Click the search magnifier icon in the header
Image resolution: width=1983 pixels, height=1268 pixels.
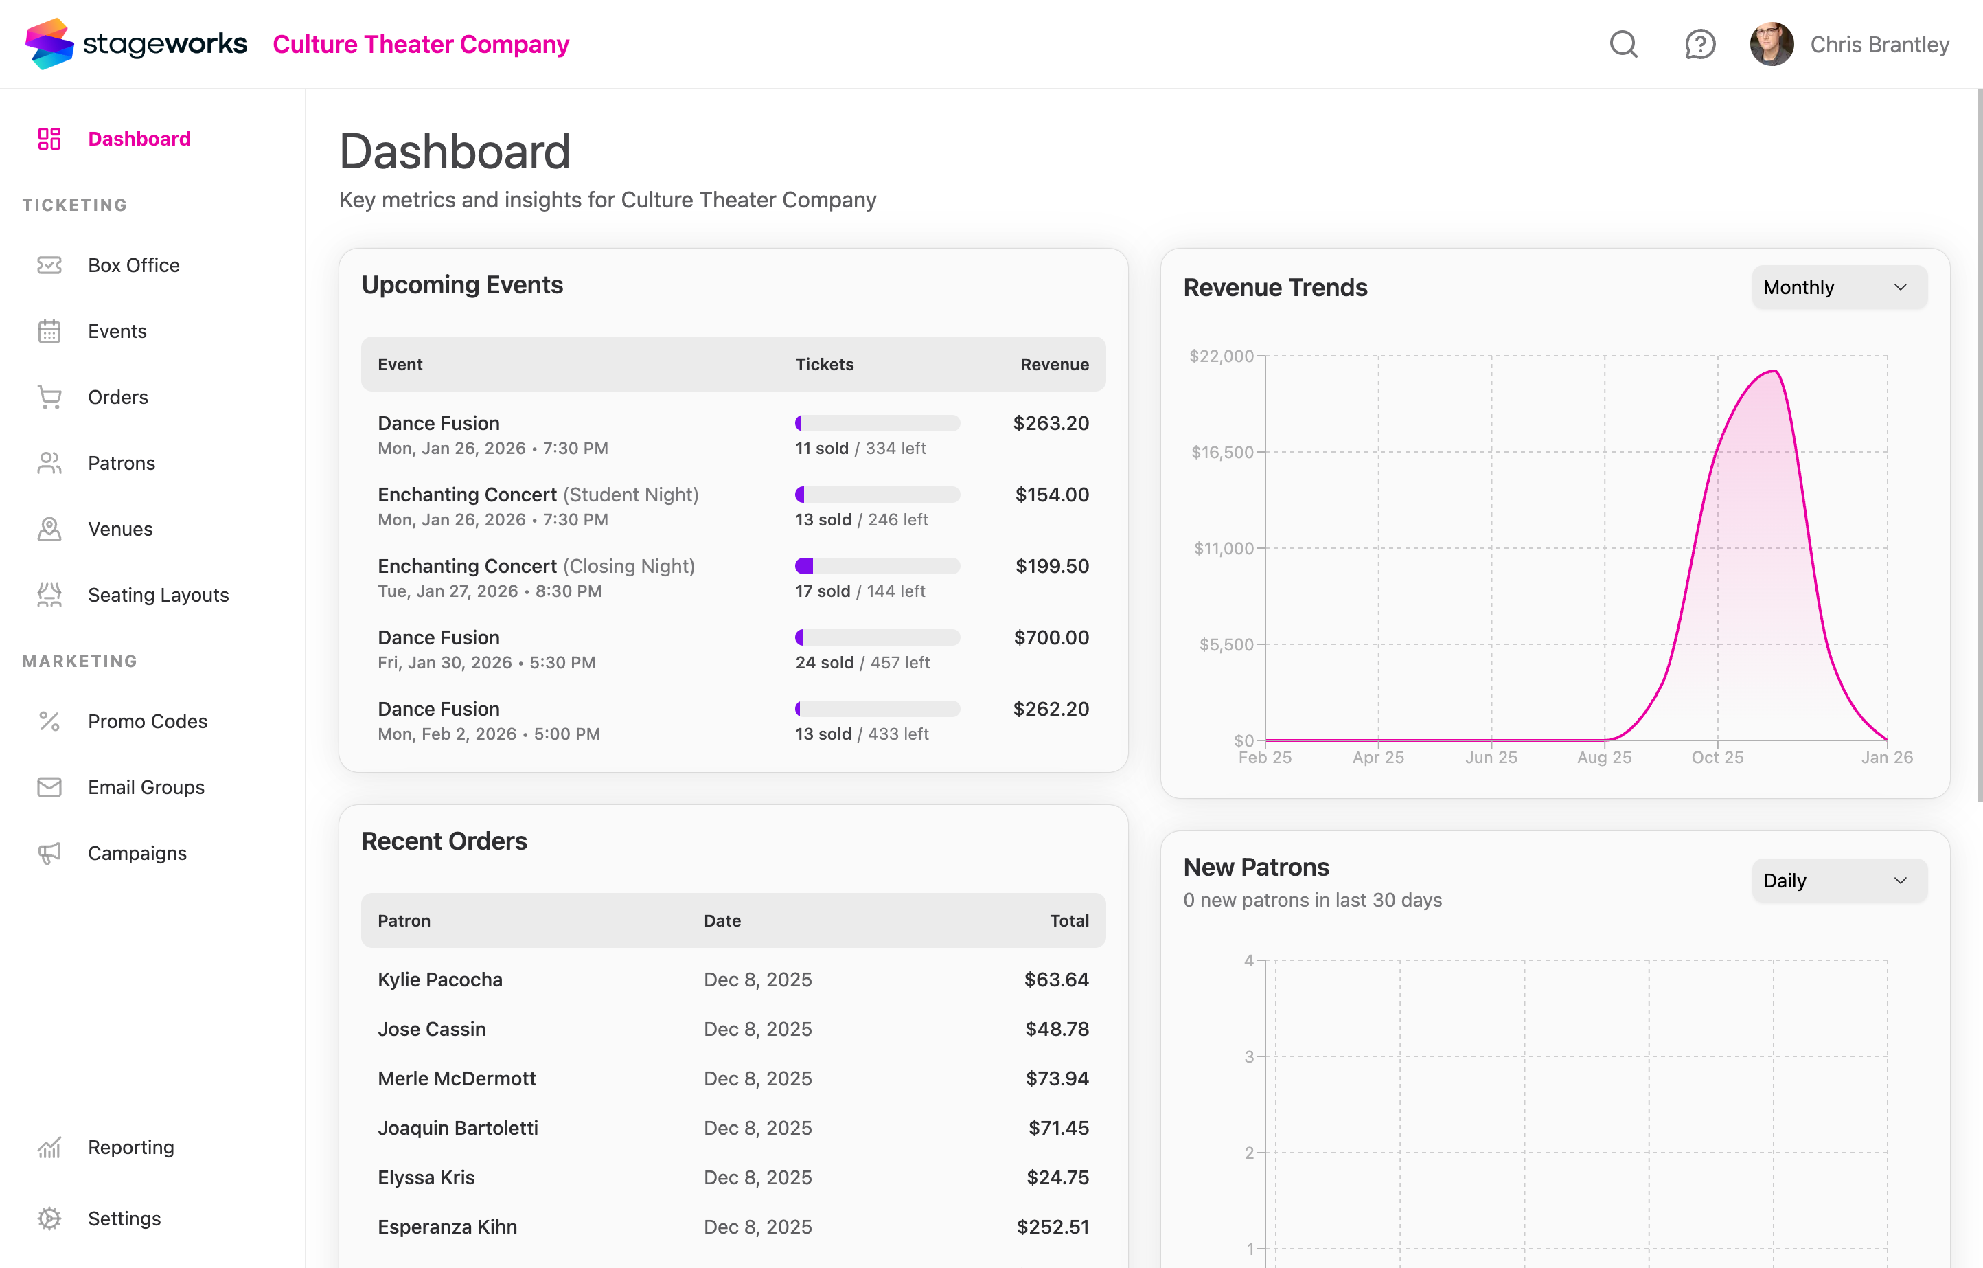[x=1623, y=45]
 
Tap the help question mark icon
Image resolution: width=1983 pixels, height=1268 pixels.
[x=1699, y=45]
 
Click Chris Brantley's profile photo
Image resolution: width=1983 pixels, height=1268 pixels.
[x=1772, y=45]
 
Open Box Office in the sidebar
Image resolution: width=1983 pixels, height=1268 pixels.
[x=133, y=265]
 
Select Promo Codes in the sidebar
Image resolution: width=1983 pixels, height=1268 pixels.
[x=148, y=721]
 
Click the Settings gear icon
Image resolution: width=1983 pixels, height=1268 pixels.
[x=49, y=1218]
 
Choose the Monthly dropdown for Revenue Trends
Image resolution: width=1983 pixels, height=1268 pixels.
[x=1838, y=288]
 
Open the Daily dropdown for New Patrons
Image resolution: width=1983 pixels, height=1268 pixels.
[x=1838, y=881]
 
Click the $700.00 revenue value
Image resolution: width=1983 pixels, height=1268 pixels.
[x=1051, y=637]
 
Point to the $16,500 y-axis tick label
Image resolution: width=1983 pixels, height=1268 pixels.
[x=1222, y=453]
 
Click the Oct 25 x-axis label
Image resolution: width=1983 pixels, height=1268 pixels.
[x=1717, y=757]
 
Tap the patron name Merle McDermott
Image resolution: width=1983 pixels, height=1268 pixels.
[x=456, y=1078]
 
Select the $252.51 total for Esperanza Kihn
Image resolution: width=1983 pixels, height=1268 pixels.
[x=1053, y=1227]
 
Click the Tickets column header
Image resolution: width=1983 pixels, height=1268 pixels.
[x=825, y=364]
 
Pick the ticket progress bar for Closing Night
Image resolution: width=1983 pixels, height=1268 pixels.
[x=877, y=566]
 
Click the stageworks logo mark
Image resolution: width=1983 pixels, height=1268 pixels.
[x=49, y=44]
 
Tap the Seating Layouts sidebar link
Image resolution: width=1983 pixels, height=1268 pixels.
[x=158, y=595]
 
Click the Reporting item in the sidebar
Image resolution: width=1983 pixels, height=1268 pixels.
[x=131, y=1147]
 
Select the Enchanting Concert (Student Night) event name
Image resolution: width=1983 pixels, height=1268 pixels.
[x=538, y=495]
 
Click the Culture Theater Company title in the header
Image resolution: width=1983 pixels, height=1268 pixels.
[x=421, y=45]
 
